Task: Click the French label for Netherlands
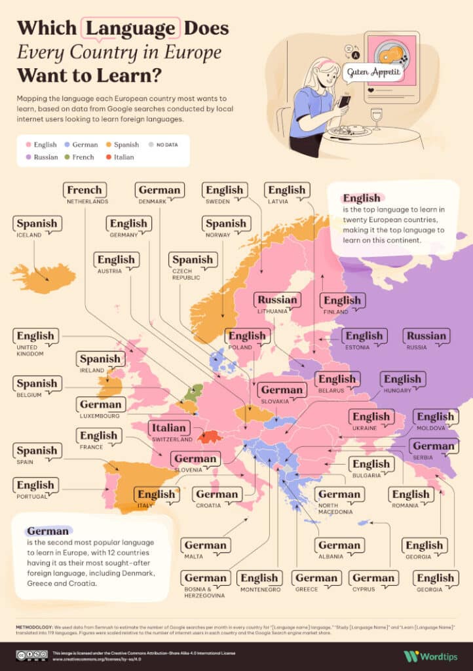click(x=85, y=190)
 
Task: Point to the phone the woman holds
click(x=344, y=102)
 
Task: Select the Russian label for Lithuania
click(x=277, y=300)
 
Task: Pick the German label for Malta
click(x=205, y=545)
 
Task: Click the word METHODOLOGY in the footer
click(x=39, y=627)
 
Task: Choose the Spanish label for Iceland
click(x=37, y=224)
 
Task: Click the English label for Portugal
click(x=35, y=486)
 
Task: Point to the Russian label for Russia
click(x=426, y=336)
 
